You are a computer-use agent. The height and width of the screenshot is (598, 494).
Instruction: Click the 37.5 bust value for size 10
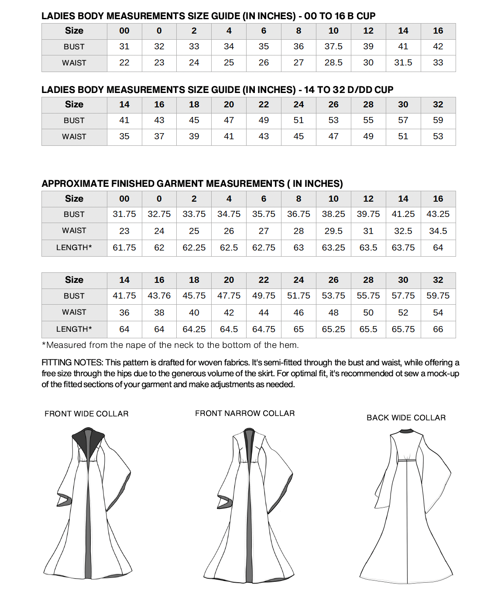point(333,47)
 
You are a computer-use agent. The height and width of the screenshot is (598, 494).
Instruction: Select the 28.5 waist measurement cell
point(333,63)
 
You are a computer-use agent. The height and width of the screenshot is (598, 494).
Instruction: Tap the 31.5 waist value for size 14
point(403,63)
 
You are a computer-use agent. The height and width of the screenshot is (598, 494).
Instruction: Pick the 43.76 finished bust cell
point(159,296)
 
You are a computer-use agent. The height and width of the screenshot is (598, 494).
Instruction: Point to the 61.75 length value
point(124,248)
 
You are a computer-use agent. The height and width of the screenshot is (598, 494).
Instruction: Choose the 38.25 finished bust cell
point(333,214)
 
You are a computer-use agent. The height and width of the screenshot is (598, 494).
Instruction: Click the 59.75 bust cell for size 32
point(438,296)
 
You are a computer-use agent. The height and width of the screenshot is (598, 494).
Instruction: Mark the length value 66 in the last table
point(438,330)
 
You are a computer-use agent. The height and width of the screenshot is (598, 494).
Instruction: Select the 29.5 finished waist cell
point(333,231)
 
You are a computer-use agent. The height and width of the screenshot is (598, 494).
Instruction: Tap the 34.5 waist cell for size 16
point(438,231)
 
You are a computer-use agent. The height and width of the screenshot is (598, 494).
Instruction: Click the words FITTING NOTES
point(72,363)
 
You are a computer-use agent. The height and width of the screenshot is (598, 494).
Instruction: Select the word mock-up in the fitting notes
point(443,374)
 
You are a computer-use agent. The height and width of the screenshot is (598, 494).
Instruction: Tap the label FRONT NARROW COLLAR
point(245,413)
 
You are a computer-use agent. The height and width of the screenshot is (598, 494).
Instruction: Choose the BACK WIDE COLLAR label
point(406,418)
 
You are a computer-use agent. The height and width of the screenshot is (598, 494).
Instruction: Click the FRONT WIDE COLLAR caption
point(86,414)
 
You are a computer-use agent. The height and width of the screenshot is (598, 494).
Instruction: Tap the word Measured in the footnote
point(66,345)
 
